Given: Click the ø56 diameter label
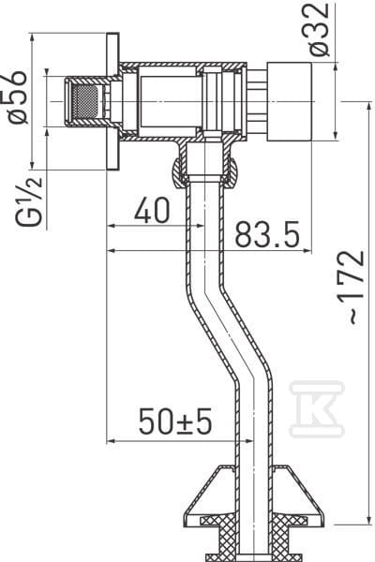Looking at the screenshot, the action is [17, 96].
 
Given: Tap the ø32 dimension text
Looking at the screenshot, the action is [319, 29].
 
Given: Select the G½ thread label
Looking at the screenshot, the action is [29, 200].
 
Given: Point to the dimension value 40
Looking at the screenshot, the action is [152, 211].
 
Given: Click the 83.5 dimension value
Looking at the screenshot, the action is [266, 235].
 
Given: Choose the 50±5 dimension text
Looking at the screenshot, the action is [175, 421].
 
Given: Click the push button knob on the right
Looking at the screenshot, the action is [290, 102].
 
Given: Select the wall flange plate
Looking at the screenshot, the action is [112, 102].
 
